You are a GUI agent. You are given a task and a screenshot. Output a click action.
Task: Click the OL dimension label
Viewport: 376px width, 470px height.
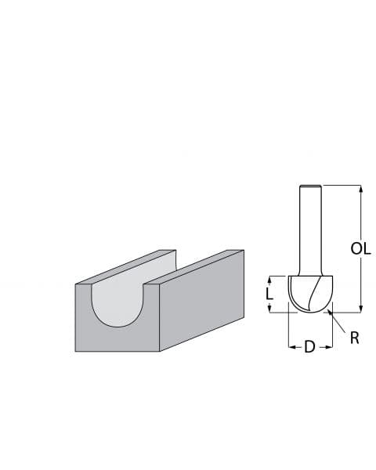[x=360, y=248]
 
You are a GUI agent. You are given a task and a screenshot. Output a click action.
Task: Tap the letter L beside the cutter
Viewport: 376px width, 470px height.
[x=269, y=294]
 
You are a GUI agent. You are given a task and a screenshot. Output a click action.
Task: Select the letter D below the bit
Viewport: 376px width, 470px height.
[x=309, y=346]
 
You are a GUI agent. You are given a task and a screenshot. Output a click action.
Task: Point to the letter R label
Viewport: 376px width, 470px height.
[x=354, y=338]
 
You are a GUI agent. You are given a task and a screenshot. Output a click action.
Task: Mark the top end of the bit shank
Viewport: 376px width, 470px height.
[x=310, y=186]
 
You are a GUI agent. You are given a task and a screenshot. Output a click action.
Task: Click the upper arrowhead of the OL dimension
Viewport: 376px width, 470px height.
[x=360, y=189]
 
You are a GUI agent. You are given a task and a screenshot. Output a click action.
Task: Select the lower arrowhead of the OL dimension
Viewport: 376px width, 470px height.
[x=360, y=308]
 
